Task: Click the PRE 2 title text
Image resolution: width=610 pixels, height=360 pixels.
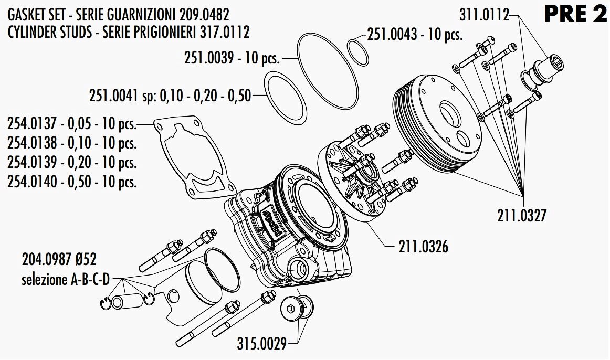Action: (x=575, y=14)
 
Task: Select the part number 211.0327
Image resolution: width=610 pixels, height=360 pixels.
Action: (x=522, y=215)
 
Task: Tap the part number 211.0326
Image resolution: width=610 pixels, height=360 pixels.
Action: (x=423, y=247)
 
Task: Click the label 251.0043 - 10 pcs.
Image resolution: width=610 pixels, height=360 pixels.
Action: (x=415, y=34)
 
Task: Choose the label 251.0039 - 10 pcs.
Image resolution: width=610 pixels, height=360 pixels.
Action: (x=232, y=58)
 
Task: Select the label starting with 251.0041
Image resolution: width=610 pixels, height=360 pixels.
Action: (x=170, y=96)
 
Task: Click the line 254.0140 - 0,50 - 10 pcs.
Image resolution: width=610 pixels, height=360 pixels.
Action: (x=72, y=182)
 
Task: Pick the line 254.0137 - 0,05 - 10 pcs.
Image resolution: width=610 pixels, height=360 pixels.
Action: (x=72, y=124)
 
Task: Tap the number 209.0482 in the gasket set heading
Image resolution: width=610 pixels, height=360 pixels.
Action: (x=205, y=15)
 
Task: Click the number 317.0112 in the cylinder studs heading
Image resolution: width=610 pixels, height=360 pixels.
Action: (x=225, y=32)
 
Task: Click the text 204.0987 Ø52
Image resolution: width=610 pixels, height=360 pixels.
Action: (x=59, y=259)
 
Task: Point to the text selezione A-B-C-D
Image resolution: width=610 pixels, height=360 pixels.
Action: (x=65, y=279)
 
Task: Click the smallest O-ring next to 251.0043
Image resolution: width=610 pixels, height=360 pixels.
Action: (x=358, y=52)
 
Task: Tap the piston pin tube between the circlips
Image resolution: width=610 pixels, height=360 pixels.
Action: (x=126, y=301)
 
